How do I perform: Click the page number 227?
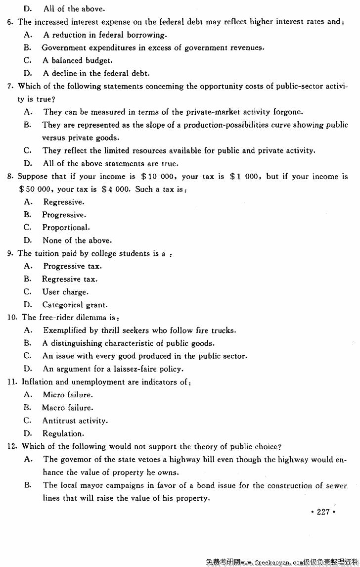[323, 512]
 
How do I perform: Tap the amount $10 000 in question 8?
[159, 177]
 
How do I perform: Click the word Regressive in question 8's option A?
[63, 202]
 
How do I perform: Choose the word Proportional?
[65, 228]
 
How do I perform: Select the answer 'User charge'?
[65, 292]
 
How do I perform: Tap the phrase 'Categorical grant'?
[75, 305]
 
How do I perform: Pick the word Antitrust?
[59, 421]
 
